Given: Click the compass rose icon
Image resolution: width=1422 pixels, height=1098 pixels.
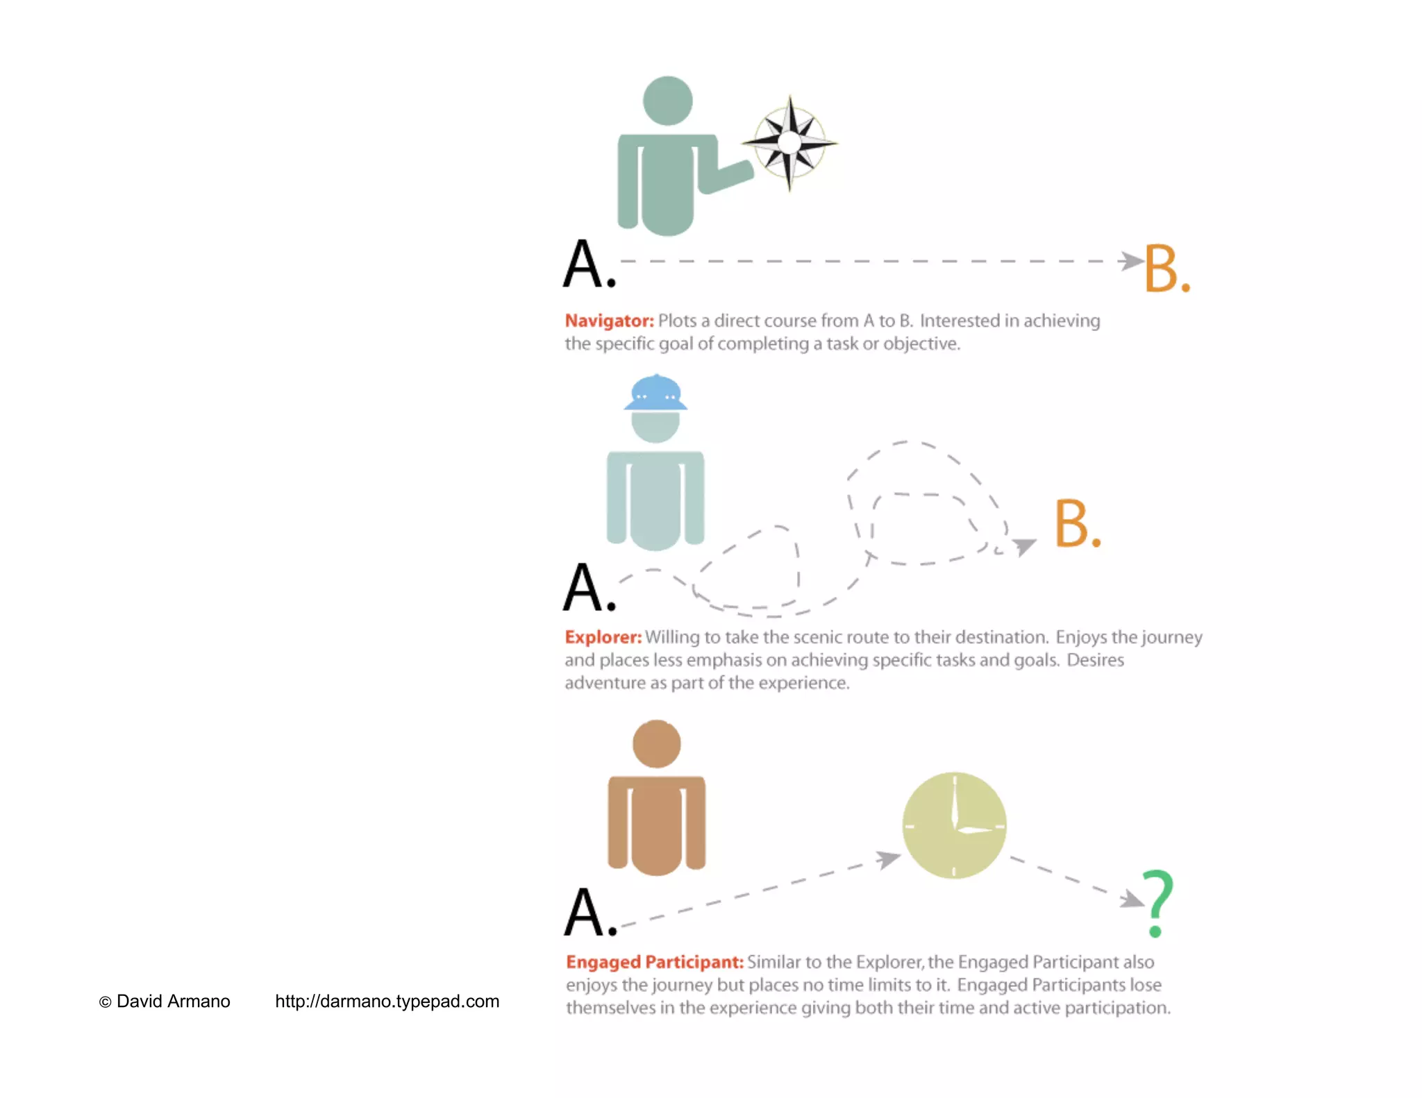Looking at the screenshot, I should [x=789, y=142].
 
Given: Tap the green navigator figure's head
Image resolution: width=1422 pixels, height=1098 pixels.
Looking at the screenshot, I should [x=667, y=101].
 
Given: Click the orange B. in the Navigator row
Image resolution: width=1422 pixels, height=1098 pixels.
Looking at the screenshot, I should [x=1166, y=269].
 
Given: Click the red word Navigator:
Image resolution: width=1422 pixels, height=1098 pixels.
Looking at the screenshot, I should [x=609, y=321].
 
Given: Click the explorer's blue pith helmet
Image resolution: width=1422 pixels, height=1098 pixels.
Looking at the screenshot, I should [x=655, y=394].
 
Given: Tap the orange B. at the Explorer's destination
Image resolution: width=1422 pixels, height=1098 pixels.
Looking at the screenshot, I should [x=1077, y=524].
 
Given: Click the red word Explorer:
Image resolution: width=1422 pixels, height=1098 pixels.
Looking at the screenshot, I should [x=603, y=637].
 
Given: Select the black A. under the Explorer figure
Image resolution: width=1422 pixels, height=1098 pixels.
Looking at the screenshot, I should [x=589, y=588].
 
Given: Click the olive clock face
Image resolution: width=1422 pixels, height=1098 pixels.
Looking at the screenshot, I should [x=954, y=825].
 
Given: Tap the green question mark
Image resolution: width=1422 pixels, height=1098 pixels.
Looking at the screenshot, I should [x=1157, y=902].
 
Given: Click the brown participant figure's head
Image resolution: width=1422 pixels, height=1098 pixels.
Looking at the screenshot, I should [x=656, y=744].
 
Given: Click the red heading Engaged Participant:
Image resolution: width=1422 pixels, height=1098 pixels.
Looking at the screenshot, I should [x=654, y=962].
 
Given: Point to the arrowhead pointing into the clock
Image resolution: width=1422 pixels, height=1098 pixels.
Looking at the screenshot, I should [x=888, y=859].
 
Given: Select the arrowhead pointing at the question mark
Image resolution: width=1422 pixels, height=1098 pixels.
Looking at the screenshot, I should [x=1132, y=899].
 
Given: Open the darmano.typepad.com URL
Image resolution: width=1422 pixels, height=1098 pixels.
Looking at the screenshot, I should [x=387, y=1002].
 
